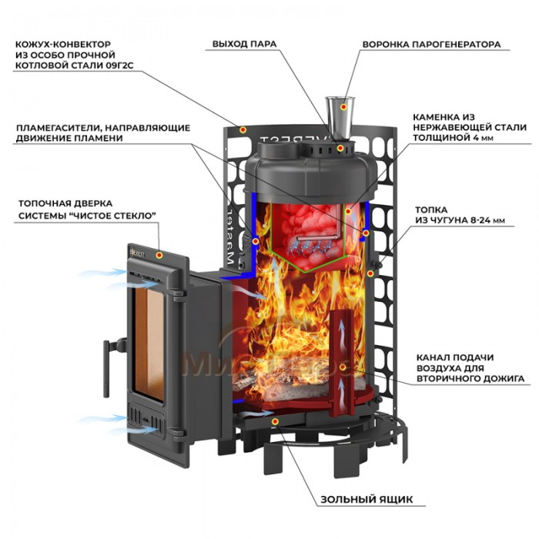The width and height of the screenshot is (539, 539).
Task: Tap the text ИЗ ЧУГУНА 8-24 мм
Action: pyautogui.click(x=459, y=220)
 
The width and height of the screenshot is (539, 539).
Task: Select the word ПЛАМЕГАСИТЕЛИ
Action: pyautogui.click(x=55, y=127)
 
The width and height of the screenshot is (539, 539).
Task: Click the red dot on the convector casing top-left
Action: pyautogui.click(x=243, y=131)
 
